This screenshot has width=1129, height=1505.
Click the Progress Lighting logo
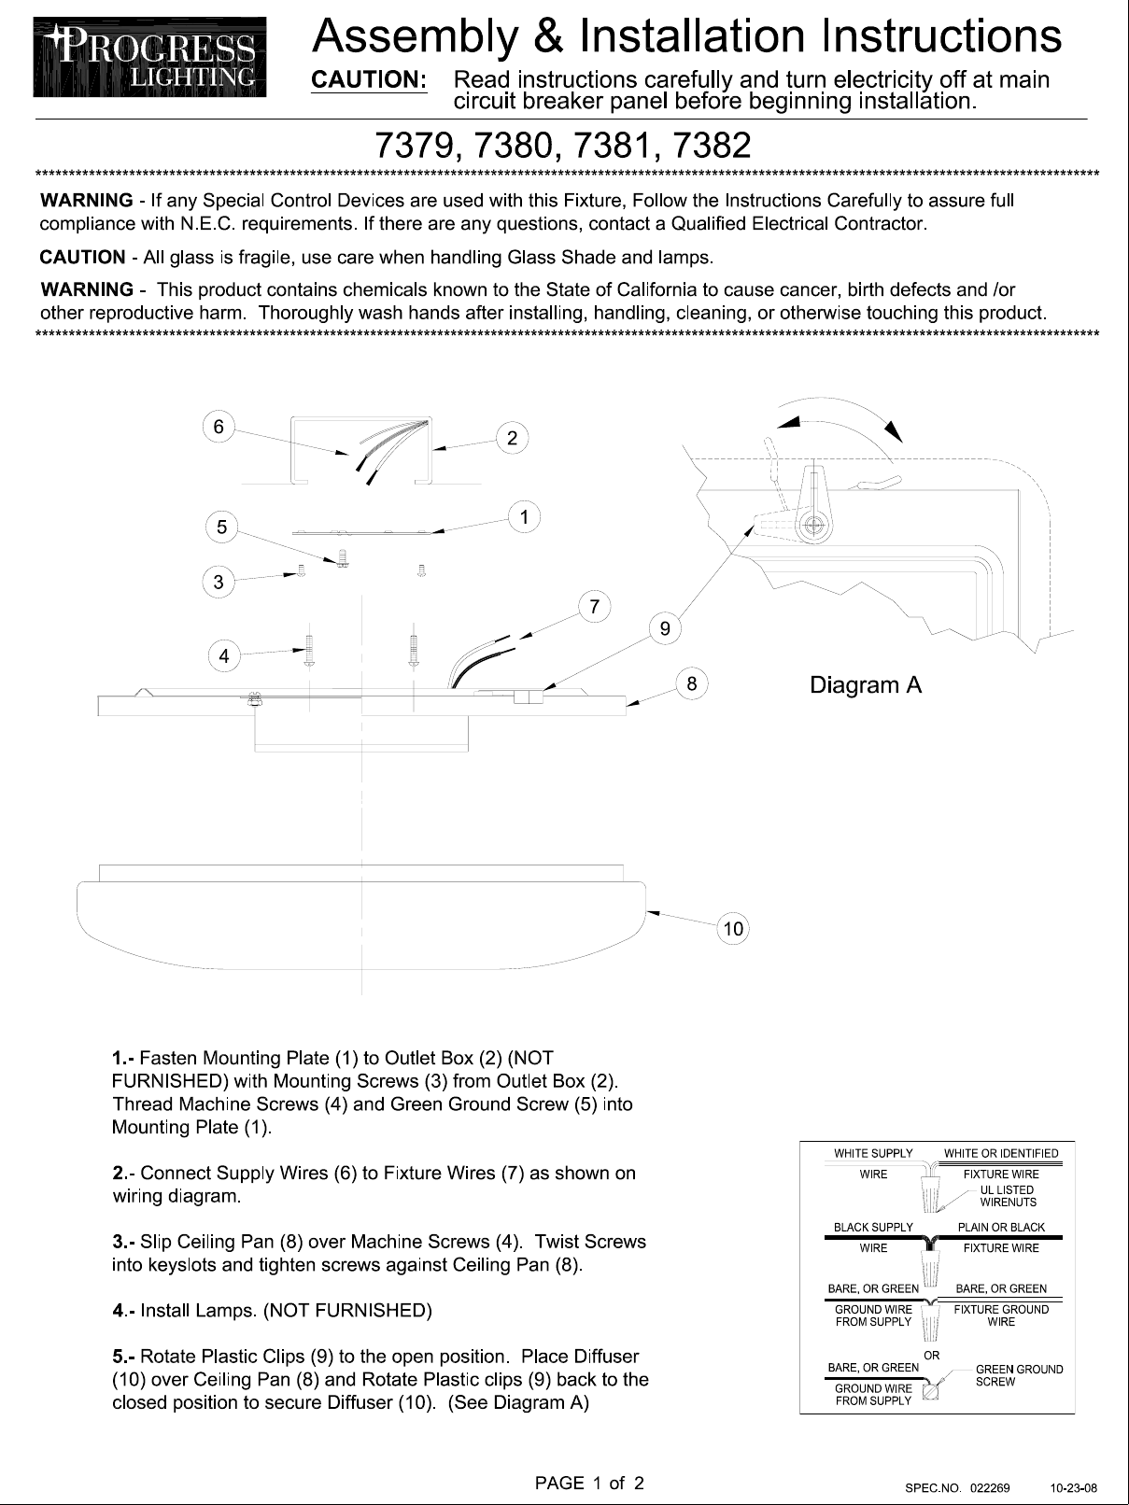[x=150, y=57]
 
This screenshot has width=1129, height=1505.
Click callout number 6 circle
[x=219, y=427]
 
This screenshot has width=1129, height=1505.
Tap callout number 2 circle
[x=512, y=438]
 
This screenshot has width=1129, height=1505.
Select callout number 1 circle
[x=525, y=516]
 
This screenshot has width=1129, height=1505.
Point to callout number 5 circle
[x=221, y=527]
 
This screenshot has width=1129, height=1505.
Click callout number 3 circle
[x=219, y=583]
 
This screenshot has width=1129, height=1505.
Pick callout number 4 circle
[x=223, y=656]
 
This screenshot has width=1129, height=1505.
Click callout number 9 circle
[x=664, y=628]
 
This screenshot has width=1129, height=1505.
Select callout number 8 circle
[x=692, y=683]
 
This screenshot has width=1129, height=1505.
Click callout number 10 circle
[x=733, y=928]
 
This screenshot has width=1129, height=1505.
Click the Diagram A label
[x=866, y=685]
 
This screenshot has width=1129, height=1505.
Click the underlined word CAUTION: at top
[x=369, y=80]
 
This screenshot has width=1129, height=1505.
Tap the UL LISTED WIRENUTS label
[x=1008, y=1196]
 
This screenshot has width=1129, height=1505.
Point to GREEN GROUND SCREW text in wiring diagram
[x=1019, y=1375]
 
